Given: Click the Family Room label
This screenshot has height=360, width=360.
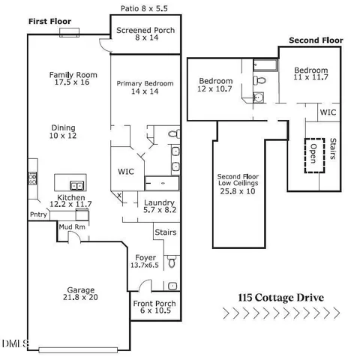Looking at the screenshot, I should pos(69,79).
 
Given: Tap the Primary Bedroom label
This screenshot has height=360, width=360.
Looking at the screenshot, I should pos(145,88).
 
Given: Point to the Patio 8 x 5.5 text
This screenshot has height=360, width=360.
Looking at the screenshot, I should pos(145,9).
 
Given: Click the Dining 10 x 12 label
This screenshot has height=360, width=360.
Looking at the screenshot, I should pos(64,132).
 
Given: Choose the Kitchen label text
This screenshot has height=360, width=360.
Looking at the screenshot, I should pos(71,199).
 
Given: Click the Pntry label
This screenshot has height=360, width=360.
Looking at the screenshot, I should pos(38,214).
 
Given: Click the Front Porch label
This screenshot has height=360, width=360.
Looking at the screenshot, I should pos(154,308).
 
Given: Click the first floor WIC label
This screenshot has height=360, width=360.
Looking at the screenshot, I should pos(126,171).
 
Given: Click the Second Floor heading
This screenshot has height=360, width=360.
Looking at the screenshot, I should pos(316,40).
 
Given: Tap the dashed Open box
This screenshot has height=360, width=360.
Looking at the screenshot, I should pos(314,155).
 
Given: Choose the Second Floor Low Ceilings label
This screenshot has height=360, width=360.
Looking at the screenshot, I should pos(237,183).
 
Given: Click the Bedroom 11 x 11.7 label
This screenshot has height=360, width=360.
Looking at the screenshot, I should pos(310,72).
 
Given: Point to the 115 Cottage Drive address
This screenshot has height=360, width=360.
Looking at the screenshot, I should pos(280,297).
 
